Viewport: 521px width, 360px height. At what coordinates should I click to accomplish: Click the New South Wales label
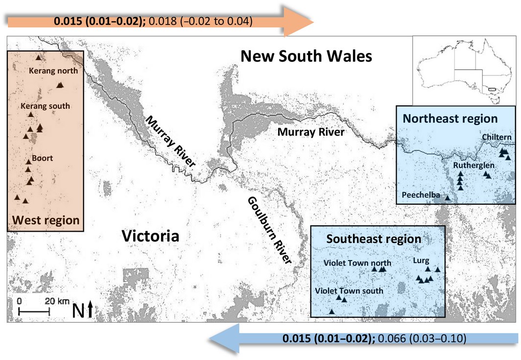(x=306, y=56)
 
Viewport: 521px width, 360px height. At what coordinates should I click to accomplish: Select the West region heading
(x=46, y=220)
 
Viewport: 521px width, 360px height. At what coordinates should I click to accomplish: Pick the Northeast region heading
(x=450, y=119)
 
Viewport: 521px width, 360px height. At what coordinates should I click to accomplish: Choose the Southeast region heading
(x=374, y=239)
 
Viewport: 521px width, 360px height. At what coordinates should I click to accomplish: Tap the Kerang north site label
(x=53, y=71)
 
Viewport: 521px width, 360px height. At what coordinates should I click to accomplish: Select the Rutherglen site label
(x=474, y=166)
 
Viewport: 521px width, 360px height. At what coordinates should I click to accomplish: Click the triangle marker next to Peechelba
(x=447, y=197)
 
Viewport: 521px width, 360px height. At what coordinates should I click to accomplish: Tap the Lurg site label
(x=421, y=261)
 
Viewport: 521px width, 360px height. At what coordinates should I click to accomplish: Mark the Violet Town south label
(x=349, y=290)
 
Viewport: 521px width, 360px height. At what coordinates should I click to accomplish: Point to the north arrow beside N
(x=91, y=310)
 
